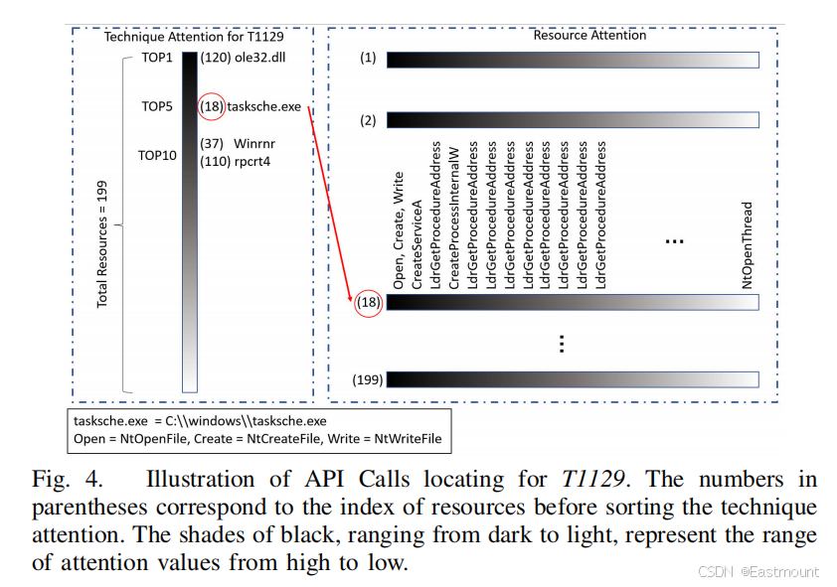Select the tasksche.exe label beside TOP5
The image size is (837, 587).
[x=263, y=106]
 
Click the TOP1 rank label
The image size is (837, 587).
[x=157, y=58]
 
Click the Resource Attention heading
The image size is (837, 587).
[x=589, y=35]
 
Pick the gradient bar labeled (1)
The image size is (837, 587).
[x=573, y=60]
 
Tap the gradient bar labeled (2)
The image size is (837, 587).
[x=573, y=120]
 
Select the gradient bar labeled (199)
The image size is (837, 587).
[x=573, y=379]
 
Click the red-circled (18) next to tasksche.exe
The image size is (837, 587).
[x=211, y=106]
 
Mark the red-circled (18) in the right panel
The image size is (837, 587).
[x=368, y=302]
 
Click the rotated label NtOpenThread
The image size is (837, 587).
[x=748, y=244]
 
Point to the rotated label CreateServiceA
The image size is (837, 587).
[x=418, y=243]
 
